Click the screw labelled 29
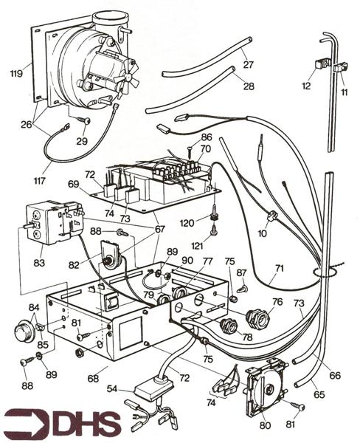click(x=83, y=120)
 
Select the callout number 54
click(x=111, y=388)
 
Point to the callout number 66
click(x=335, y=376)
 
